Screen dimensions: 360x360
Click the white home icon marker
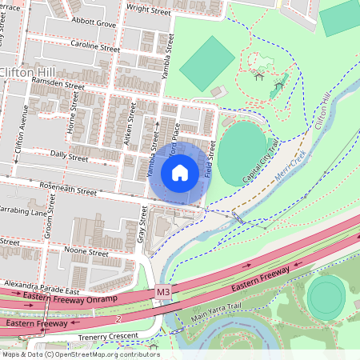(180, 173)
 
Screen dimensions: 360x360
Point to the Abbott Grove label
(93, 24)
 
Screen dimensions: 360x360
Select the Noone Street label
(86, 252)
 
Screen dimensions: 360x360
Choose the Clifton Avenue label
(26, 128)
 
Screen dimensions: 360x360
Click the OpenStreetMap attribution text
(80, 354)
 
